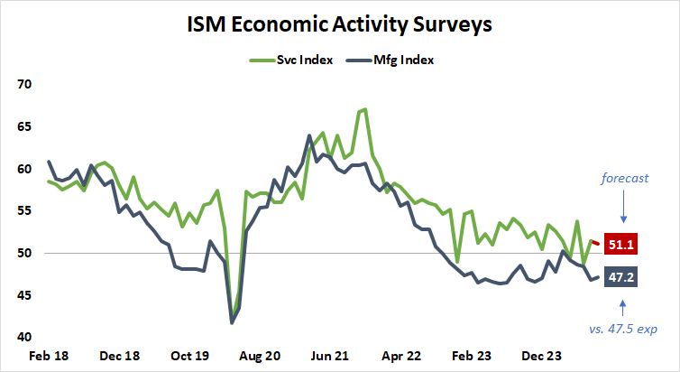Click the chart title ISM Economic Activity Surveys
tap(339, 24)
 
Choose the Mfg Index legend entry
tap(394, 60)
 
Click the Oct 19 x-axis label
tap(190, 356)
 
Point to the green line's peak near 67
tap(363, 109)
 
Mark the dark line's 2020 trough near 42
tap(233, 322)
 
